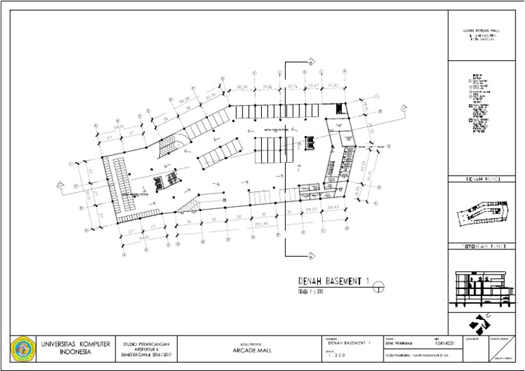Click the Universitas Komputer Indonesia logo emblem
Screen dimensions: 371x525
[x=23, y=348]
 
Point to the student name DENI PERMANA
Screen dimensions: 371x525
[x=401, y=344]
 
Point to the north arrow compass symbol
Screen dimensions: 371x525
[x=483, y=320]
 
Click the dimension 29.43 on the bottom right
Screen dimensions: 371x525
[x=333, y=207]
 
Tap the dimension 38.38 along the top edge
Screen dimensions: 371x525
[x=241, y=87]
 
